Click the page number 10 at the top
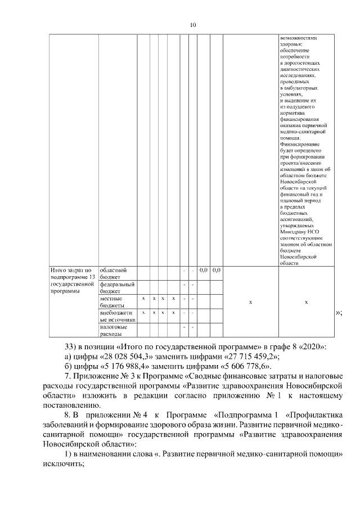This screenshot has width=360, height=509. [x=193, y=25]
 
